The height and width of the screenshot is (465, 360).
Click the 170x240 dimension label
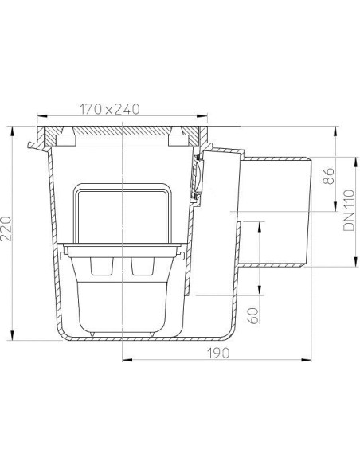click(x=109, y=109)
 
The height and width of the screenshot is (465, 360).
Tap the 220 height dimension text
click(x=6, y=229)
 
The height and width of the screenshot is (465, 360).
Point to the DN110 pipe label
click(x=349, y=210)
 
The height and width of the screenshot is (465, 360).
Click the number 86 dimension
click(x=329, y=176)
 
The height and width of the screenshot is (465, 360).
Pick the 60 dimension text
click(x=253, y=315)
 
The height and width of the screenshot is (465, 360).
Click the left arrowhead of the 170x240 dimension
click(x=41, y=116)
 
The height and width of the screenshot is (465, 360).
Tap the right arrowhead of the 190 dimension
click(x=307, y=360)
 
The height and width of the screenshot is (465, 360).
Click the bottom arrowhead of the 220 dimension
click(x=13, y=335)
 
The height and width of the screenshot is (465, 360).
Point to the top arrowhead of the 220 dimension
click(x=13, y=131)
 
